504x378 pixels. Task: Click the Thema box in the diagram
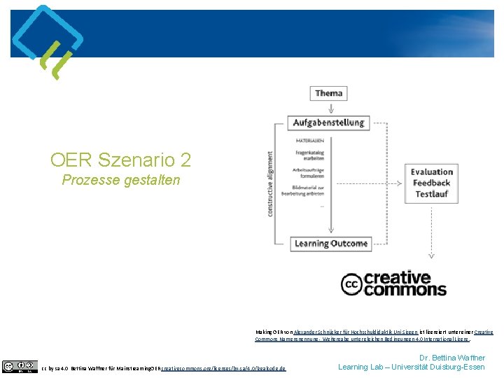(x=328, y=93)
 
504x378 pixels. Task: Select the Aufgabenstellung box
(x=328, y=122)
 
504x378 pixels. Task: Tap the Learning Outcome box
(x=330, y=244)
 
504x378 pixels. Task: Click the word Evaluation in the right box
(x=432, y=171)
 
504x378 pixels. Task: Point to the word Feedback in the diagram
(x=432, y=183)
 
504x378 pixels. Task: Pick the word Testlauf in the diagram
(x=432, y=194)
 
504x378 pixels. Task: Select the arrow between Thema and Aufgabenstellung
(x=328, y=107)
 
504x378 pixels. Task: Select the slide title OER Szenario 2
(x=120, y=160)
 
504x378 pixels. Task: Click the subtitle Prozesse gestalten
(x=120, y=180)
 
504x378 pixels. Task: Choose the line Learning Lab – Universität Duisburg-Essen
(x=411, y=367)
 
